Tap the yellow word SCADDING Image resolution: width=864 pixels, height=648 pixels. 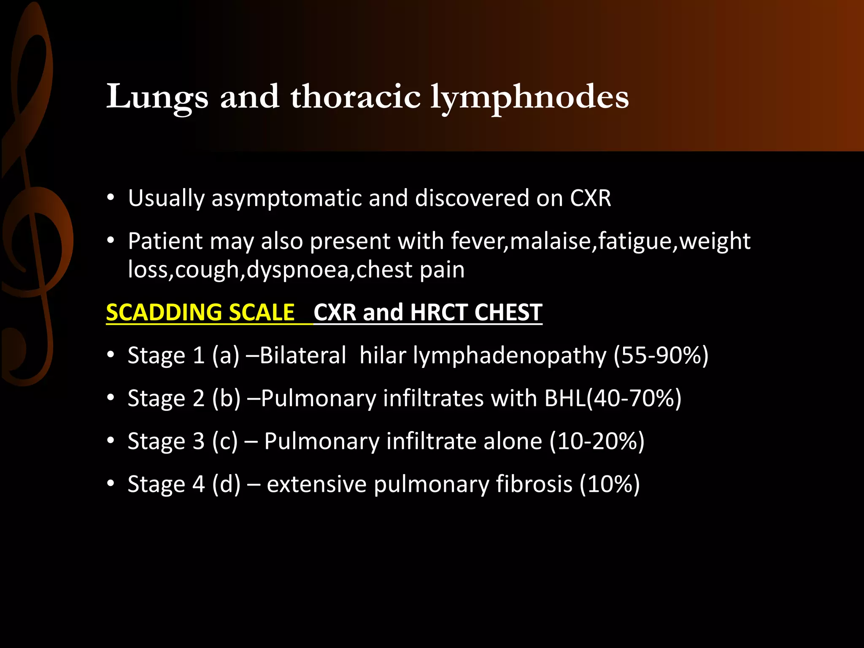click(164, 313)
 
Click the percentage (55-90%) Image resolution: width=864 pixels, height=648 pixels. click(661, 355)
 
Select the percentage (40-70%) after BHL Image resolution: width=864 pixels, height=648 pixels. click(634, 398)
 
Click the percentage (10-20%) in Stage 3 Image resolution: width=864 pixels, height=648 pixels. click(597, 441)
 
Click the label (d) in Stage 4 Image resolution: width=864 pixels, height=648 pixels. click(226, 484)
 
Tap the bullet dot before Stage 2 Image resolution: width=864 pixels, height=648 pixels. click(111, 398)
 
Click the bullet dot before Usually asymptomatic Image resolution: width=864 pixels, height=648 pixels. click(111, 198)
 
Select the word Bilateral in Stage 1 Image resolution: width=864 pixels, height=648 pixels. click(303, 355)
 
